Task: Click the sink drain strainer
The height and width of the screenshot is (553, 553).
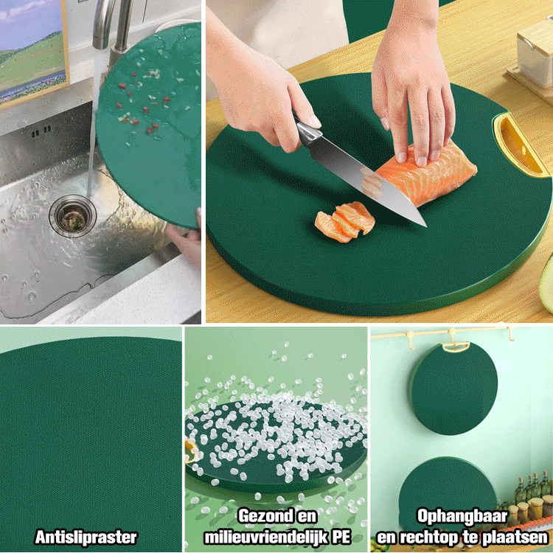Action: pos(73,215)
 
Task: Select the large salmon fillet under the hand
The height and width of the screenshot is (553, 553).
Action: pos(428,172)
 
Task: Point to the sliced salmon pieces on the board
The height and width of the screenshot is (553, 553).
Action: pos(345,220)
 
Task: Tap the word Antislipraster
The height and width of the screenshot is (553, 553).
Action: pos(86,537)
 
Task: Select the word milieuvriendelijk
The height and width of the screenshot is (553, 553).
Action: pos(267,538)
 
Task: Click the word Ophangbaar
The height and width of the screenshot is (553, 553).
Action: pos(462,516)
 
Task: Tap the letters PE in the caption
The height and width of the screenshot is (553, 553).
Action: pos(341,537)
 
